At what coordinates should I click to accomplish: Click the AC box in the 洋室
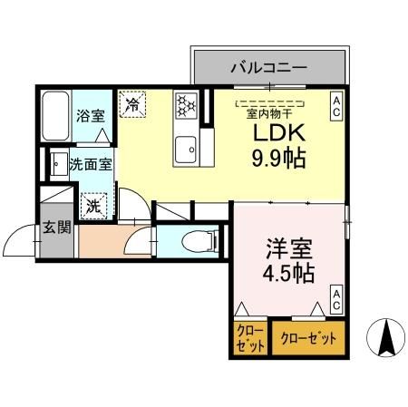pos(335,299)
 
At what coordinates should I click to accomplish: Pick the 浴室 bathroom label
pos(90,117)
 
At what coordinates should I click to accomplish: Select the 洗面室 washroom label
pos(91,166)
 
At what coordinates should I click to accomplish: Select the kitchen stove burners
pos(187,105)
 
